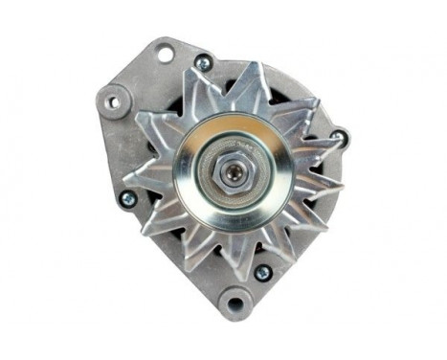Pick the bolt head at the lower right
coord(261,272)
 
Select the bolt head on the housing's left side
coord(127,199)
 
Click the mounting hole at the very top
coord(166,53)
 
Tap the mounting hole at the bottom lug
coord(233,304)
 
